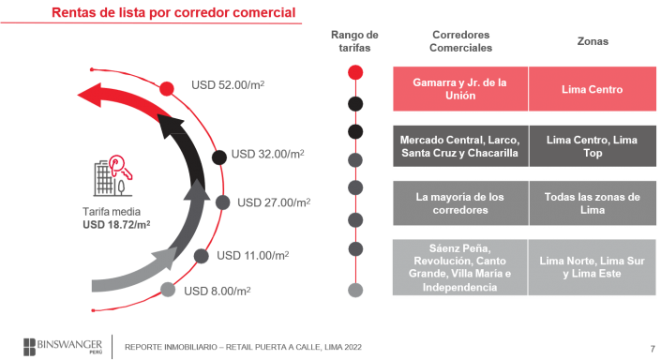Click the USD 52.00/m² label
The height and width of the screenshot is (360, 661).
pyautogui.click(x=228, y=84)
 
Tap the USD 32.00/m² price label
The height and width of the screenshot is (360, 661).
pyautogui.click(x=268, y=154)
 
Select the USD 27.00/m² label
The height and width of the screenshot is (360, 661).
pyautogui.click(x=274, y=202)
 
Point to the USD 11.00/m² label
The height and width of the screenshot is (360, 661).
pyautogui.click(x=252, y=255)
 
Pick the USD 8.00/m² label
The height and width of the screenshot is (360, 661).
pyautogui.click(x=218, y=291)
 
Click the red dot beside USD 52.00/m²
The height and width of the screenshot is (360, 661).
pyautogui.click(x=167, y=89)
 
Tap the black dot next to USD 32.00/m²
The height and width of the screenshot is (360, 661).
pyautogui.click(x=219, y=157)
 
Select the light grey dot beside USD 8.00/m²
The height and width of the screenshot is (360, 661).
pyautogui.click(x=168, y=290)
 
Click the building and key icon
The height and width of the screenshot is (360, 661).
pyautogui.click(x=113, y=176)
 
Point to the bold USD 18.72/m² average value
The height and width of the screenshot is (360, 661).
pyautogui.click(x=116, y=225)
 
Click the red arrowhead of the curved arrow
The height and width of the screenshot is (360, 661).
pyautogui.click(x=90, y=95)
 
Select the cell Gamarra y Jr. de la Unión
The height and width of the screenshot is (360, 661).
pyautogui.click(x=460, y=89)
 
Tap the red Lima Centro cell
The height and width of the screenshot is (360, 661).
pyautogui.click(x=593, y=89)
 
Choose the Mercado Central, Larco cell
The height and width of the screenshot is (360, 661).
pyautogui.click(x=460, y=146)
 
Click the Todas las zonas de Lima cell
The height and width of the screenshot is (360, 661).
pyautogui.click(x=593, y=203)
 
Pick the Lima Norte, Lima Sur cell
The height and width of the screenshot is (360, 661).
pyautogui.click(x=593, y=267)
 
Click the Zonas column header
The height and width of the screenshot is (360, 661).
pyautogui.click(x=593, y=41)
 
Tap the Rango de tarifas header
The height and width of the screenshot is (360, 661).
pyautogui.click(x=354, y=41)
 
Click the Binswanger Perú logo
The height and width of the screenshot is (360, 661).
pyautogui.click(x=63, y=347)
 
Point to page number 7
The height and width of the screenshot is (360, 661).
pyautogui.click(x=653, y=349)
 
